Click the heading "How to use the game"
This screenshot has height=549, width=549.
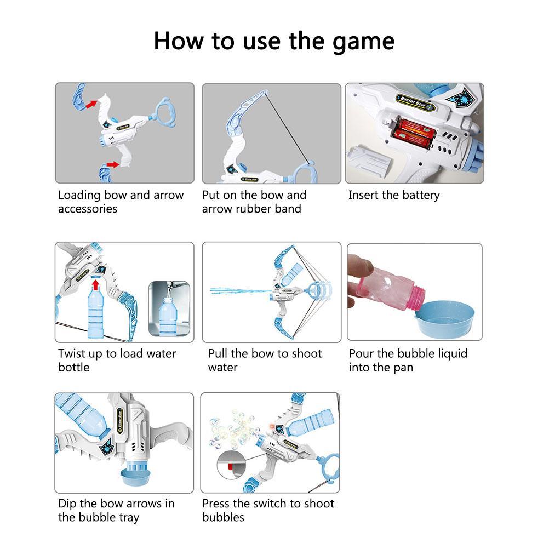click(274, 42)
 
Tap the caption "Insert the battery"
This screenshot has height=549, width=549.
click(393, 195)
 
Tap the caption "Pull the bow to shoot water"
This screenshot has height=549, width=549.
click(265, 360)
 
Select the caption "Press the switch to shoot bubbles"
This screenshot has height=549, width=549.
click(268, 510)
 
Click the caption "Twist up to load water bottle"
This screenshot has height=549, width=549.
click(117, 360)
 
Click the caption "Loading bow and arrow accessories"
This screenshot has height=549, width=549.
click(121, 202)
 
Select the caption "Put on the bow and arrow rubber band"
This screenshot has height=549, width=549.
click(254, 202)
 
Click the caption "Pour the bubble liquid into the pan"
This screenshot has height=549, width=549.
click(408, 360)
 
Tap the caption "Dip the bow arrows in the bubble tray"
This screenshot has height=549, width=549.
click(116, 510)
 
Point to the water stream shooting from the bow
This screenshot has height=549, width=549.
click(238, 291)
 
